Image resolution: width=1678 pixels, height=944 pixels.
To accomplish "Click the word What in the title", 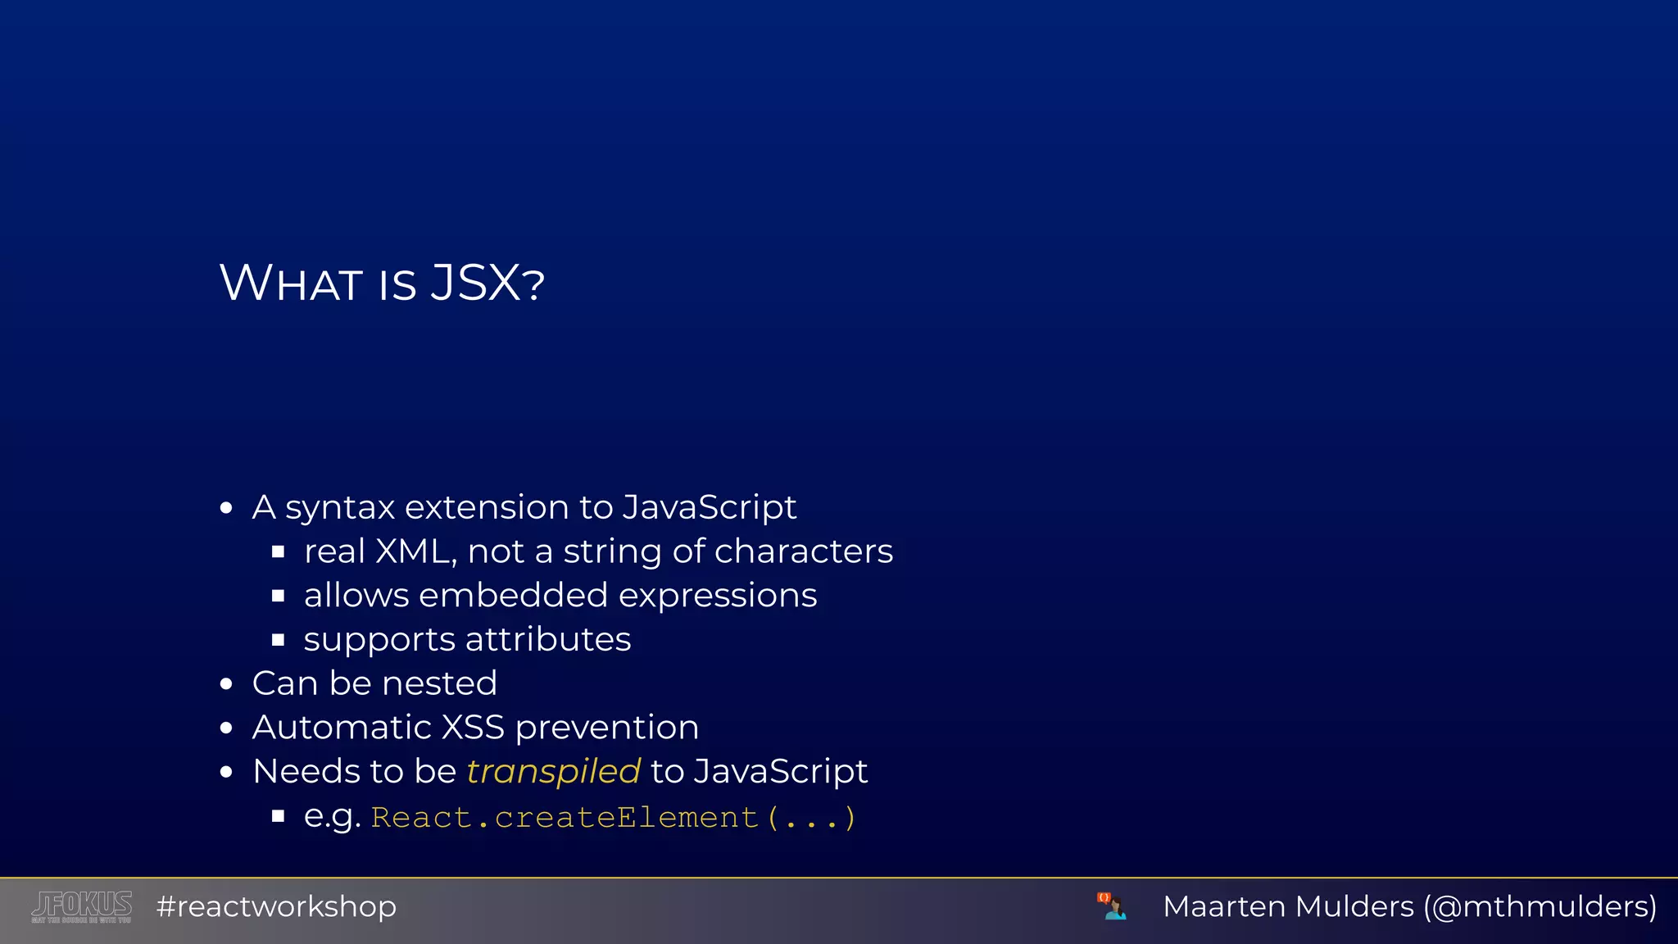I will coord(291,284).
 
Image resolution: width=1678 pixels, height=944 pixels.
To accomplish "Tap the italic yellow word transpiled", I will coord(553,772).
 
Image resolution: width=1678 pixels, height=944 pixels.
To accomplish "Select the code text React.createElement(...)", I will coord(614,818).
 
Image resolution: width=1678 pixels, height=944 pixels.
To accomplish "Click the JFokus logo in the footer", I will coord(82,906).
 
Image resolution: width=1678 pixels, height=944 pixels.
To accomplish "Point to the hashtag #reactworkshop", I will coord(276,906).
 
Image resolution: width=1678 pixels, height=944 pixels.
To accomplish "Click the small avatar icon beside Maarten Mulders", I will coord(1112,906).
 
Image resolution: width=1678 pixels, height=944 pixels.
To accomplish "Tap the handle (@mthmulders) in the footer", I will coord(1540,906).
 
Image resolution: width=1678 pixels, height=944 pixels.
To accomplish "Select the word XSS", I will coord(473,728).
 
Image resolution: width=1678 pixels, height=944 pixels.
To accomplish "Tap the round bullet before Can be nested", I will coord(227,684).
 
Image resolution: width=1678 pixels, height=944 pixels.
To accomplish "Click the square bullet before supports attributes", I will coord(279,640).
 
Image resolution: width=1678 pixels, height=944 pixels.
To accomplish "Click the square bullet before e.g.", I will coord(279,816).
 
